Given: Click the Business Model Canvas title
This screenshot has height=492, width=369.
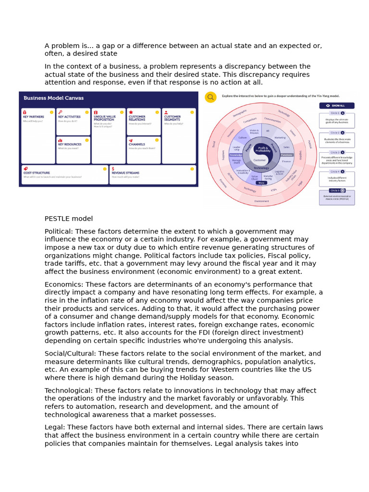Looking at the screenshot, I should click(54, 98).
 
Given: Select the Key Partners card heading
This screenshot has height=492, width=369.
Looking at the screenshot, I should click(34, 117).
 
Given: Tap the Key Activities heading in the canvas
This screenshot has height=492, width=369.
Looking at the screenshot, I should click(69, 117).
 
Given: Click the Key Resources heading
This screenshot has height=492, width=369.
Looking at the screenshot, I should click(70, 144).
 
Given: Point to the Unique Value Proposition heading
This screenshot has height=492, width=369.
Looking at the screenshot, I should click(104, 118).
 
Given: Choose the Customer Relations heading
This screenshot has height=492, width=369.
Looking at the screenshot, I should click(137, 118).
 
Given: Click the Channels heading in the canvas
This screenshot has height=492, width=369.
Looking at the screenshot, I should click(137, 144).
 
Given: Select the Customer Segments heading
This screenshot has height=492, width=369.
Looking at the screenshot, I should click(172, 118).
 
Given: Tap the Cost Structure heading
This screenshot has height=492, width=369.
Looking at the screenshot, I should click(37, 172).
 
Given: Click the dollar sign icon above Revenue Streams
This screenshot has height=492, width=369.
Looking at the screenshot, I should click(113, 169).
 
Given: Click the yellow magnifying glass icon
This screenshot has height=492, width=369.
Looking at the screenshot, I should click(210, 98).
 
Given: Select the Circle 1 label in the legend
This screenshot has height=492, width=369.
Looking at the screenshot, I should click(335, 113).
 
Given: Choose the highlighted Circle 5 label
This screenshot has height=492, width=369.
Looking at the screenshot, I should click(335, 191).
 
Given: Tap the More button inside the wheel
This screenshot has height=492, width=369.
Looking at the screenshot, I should click(261, 183).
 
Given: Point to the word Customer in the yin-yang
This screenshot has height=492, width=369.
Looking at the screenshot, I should click(260, 160).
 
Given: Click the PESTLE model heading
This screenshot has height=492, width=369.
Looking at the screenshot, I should click(69, 219).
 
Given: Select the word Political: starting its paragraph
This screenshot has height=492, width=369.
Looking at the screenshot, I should click(59, 231).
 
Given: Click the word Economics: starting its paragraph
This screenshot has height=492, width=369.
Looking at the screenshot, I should click(62, 284).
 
